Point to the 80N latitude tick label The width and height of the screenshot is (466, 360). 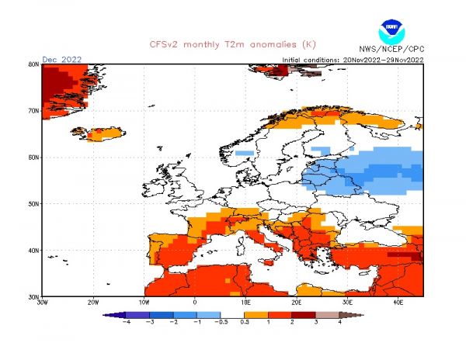pos(34,64)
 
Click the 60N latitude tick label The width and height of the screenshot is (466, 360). pos(34,157)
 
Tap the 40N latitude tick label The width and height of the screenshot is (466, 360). pos(34,251)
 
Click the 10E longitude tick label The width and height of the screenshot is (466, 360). pos(245,303)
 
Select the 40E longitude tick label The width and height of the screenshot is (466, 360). pos(398,303)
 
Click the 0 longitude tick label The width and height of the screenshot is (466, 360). pos(195,303)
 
